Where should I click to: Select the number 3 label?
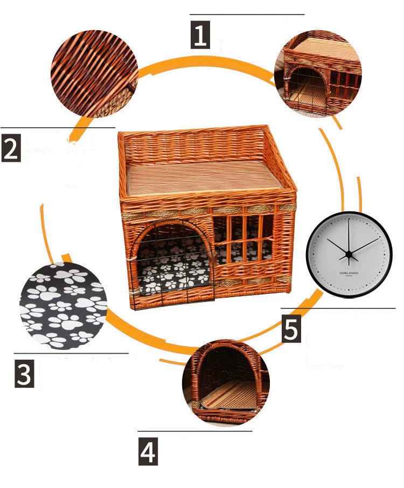24,373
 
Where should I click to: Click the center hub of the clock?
349,253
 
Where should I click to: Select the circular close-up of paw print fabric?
64,306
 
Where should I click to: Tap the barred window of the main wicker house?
243,239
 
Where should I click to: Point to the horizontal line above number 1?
247,15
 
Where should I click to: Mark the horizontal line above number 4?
194,431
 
